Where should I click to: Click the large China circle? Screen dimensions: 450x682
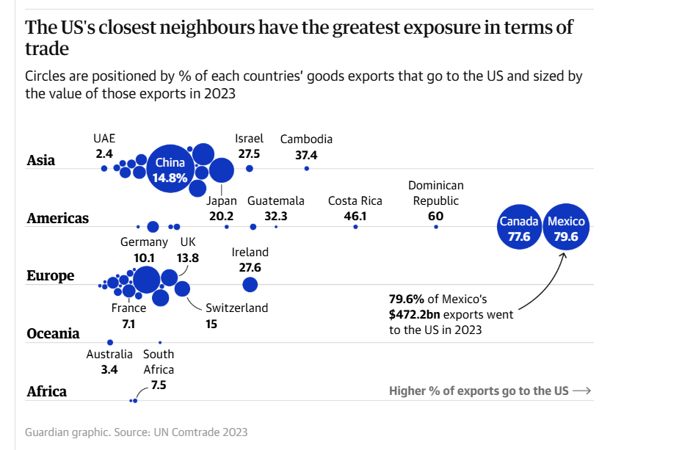tap(170, 169)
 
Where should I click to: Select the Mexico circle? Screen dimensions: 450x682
tap(566, 228)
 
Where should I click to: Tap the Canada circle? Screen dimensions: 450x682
tap(519, 228)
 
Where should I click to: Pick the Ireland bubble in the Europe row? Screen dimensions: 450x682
tap(250, 284)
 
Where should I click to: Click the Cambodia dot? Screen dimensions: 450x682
tap(306, 169)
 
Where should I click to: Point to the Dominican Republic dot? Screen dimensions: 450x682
tap(436, 227)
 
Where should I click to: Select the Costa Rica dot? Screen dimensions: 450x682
tap(355, 227)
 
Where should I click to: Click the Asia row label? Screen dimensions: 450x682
tap(41, 160)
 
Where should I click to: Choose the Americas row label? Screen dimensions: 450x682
tap(57, 218)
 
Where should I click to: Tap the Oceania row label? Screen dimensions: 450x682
tap(53, 333)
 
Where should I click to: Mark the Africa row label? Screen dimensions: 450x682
tap(46, 391)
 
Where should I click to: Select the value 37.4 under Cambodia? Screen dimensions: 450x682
tap(306, 155)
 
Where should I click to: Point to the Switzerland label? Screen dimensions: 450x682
tap(236, 308)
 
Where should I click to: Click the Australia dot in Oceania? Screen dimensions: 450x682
tap(110, 342)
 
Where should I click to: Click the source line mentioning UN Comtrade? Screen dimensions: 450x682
tap(136, 432)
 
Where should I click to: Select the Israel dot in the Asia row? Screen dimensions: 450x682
tap(250, 169)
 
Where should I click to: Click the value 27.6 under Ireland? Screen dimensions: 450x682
tap(250, 267)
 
